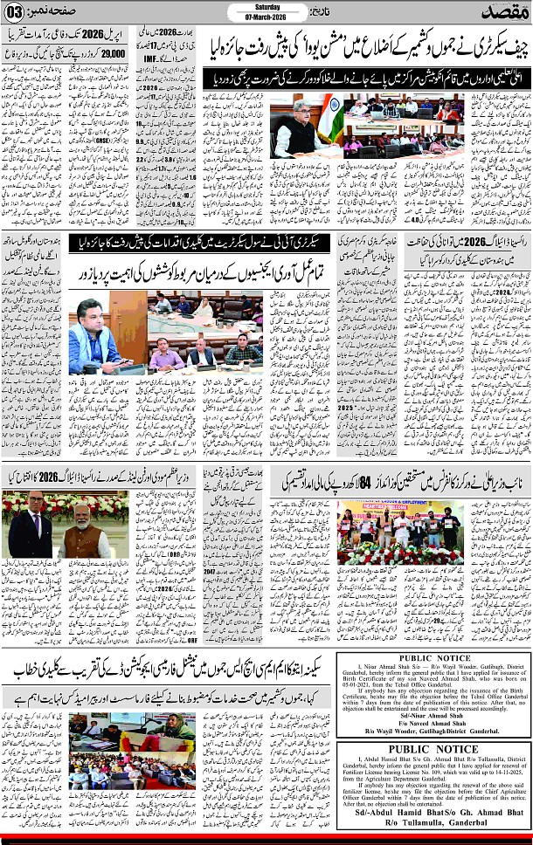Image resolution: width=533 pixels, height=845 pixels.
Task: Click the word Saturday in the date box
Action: (267, 7)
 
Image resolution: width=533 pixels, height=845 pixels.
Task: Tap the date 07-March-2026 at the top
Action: (267, 17)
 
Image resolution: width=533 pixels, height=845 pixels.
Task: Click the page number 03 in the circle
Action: (16, 11)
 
